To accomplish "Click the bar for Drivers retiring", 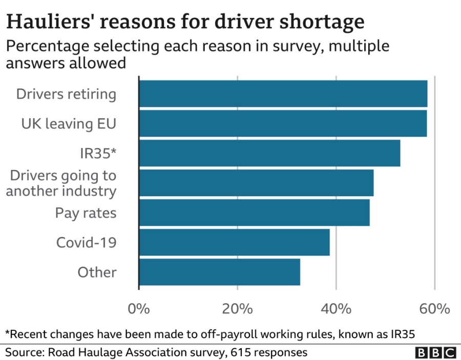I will coord(283,94).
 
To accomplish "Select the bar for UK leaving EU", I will coord(283,123).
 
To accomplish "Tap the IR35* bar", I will coord(269,153).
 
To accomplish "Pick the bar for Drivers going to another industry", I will coord(256,183).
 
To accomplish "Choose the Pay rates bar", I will coord(254,213).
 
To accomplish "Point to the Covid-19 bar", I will coord(234,242).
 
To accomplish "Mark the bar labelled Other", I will coord(219,272).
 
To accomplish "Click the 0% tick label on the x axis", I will coord(138,309).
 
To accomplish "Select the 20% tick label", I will coord(237,309).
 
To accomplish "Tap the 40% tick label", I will coord(336,309).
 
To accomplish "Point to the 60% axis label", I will coord(434,309).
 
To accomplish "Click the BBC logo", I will coord(435,353).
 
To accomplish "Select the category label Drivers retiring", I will coord(66,94).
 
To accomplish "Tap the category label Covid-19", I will coord(86,242).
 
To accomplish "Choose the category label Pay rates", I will coord(86,213).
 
